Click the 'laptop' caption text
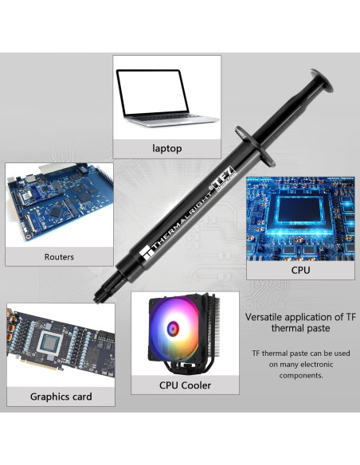point(167,148)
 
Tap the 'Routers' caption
point(59,257)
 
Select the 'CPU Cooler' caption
point(185,385)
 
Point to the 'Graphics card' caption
point(61,397)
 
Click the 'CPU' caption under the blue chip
point(300,270)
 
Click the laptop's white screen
point(152,92)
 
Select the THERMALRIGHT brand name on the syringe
point(182,221)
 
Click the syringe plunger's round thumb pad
point(322,80)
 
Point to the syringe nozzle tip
point(97,299)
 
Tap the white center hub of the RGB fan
point(173,328)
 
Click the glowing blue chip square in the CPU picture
point(299,211)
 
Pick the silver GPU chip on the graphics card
point(49,343)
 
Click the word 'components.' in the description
point(301,376)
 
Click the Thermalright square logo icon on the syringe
point(147,253)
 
